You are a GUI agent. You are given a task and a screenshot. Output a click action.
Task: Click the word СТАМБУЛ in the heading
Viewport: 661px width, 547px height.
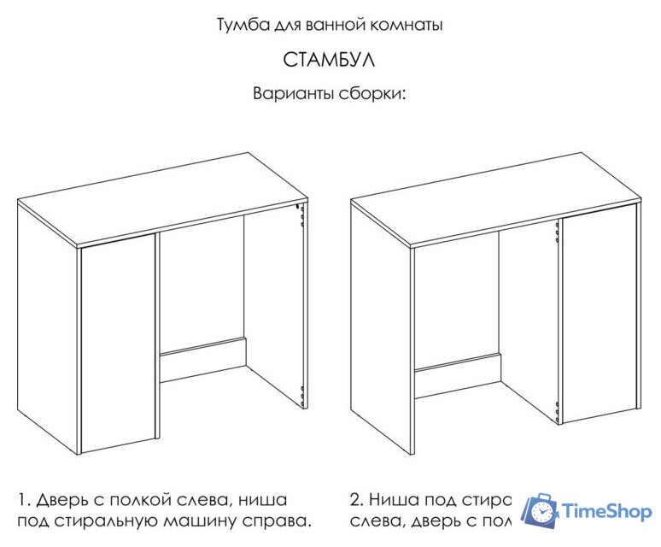[x=329, y=62]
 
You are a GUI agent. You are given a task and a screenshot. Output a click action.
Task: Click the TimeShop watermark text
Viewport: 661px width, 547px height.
[x=605, y=511]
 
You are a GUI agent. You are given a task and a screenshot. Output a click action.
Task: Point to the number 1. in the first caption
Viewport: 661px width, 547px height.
[x=23, y=499]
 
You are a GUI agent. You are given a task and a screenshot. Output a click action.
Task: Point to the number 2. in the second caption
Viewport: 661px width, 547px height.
[x=357, y=499]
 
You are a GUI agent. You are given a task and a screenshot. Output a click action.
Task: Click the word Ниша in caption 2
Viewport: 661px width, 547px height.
[x=395, y=499]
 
